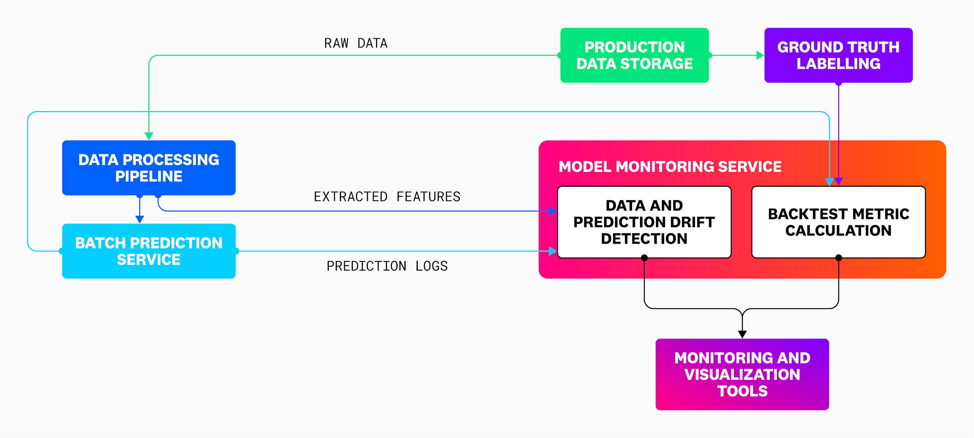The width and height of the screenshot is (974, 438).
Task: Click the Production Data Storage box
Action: coord(634,55)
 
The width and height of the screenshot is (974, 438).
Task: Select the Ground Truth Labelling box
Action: coord(838,55)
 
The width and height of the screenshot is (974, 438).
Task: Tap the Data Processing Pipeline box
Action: coord(148,168)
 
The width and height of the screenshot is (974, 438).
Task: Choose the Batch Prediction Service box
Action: coord(148,251)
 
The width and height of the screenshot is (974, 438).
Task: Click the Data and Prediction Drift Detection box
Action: coord(644,222)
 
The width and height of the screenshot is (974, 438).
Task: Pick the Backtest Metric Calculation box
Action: coord(838,222)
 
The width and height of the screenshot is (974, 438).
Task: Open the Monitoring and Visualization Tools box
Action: coord(742,374)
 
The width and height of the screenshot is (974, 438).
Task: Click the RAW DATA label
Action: coord(355,43)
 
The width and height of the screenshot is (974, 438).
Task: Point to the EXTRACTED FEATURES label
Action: coord(387,196)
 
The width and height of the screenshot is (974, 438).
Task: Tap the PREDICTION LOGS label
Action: coord(387,266)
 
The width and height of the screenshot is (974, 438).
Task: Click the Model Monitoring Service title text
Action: coord(670,166)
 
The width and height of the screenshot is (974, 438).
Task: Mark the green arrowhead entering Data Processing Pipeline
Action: coord(149,136)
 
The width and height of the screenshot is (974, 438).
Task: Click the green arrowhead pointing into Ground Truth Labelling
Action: coord(760,55)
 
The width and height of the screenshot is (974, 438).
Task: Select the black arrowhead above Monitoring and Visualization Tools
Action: coord(742,334)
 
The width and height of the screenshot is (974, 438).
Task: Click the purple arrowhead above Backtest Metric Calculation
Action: coord(839,182)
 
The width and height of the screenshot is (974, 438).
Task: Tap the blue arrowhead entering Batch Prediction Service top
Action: coord(140,219)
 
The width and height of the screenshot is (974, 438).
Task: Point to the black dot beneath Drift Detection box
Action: coord(644,258)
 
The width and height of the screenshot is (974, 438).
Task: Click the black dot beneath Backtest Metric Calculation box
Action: coord(838,258)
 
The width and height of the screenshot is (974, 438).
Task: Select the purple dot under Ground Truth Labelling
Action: coord(838,83)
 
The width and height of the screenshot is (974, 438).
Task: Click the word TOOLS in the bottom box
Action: coord(742,391)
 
